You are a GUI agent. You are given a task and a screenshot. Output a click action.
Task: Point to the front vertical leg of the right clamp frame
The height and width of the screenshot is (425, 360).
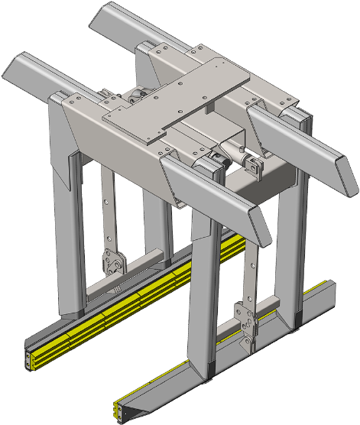[x=201, y=306]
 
